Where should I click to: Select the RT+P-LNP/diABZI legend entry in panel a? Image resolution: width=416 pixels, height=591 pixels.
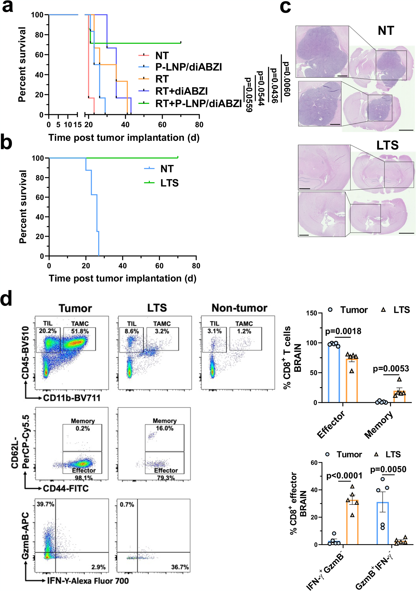coord(198,103)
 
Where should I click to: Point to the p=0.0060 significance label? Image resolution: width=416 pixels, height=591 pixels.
coord(286,79)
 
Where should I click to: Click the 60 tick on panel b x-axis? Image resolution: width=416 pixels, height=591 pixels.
coord(159,266)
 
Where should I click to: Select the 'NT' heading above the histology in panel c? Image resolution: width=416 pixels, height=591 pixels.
coord(385,31)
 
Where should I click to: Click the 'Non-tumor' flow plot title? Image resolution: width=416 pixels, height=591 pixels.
coord(239,308)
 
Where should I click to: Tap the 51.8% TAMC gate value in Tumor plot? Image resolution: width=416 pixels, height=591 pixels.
coord(80,331)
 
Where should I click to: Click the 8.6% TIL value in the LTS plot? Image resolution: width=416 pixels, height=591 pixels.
coord(132,331)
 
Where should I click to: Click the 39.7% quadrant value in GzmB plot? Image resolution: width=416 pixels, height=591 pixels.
coord(45,504)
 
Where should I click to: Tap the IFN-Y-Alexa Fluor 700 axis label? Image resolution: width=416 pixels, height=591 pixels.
coord(87,581)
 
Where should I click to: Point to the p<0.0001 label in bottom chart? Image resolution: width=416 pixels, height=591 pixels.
coord(344,476)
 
